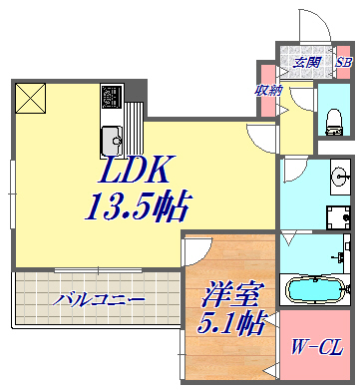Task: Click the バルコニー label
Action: (x=100, y=298)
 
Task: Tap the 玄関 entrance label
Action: (x=306, y=63)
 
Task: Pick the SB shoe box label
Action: (x=343, y=63)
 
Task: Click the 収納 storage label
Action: (x=268, y=90)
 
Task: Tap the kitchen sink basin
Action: (x=109, y=137)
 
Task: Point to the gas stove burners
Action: (x=110, y=99)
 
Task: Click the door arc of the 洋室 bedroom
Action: (x=195, y=251)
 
